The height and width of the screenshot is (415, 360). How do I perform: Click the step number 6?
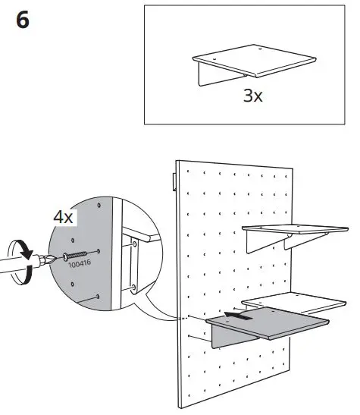click(x=23, y=20)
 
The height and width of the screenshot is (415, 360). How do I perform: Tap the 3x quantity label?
click(x=253, y=97)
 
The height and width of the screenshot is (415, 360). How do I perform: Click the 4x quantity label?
click(x=63, y=216)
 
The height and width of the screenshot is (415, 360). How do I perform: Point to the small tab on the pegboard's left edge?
click(x=174, y=181)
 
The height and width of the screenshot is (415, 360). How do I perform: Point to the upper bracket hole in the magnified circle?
click(x=134, y=244)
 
